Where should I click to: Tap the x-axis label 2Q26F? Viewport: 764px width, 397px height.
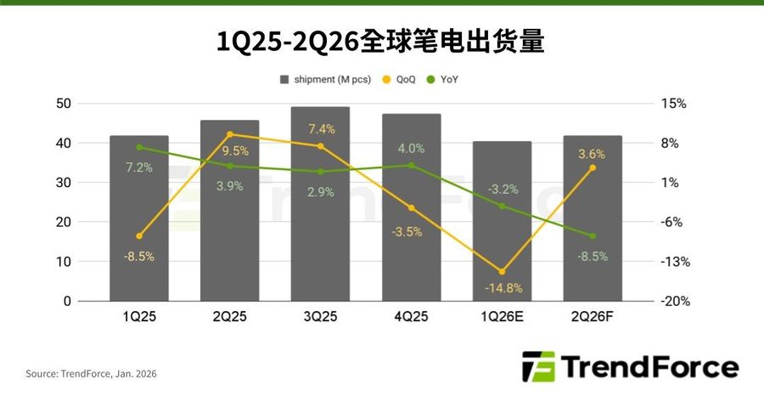[x=592, y=317]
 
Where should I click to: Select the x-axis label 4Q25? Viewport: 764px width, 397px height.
[x=411, y=317]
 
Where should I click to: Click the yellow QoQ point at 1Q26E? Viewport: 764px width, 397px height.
[x=502, y=272]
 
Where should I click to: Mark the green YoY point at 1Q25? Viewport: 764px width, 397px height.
[x=139, y=147]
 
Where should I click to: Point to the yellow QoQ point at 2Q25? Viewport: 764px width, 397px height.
[x=230, y=134]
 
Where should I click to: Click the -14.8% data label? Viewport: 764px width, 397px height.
[x=503, y=288]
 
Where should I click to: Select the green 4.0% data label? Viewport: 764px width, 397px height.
[x=411, y=148]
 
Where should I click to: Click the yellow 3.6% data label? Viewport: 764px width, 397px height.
[x=591, y=154]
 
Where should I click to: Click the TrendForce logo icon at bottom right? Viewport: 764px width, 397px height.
[x=538, y=366]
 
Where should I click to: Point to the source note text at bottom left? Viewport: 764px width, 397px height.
[x=92, y=373]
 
